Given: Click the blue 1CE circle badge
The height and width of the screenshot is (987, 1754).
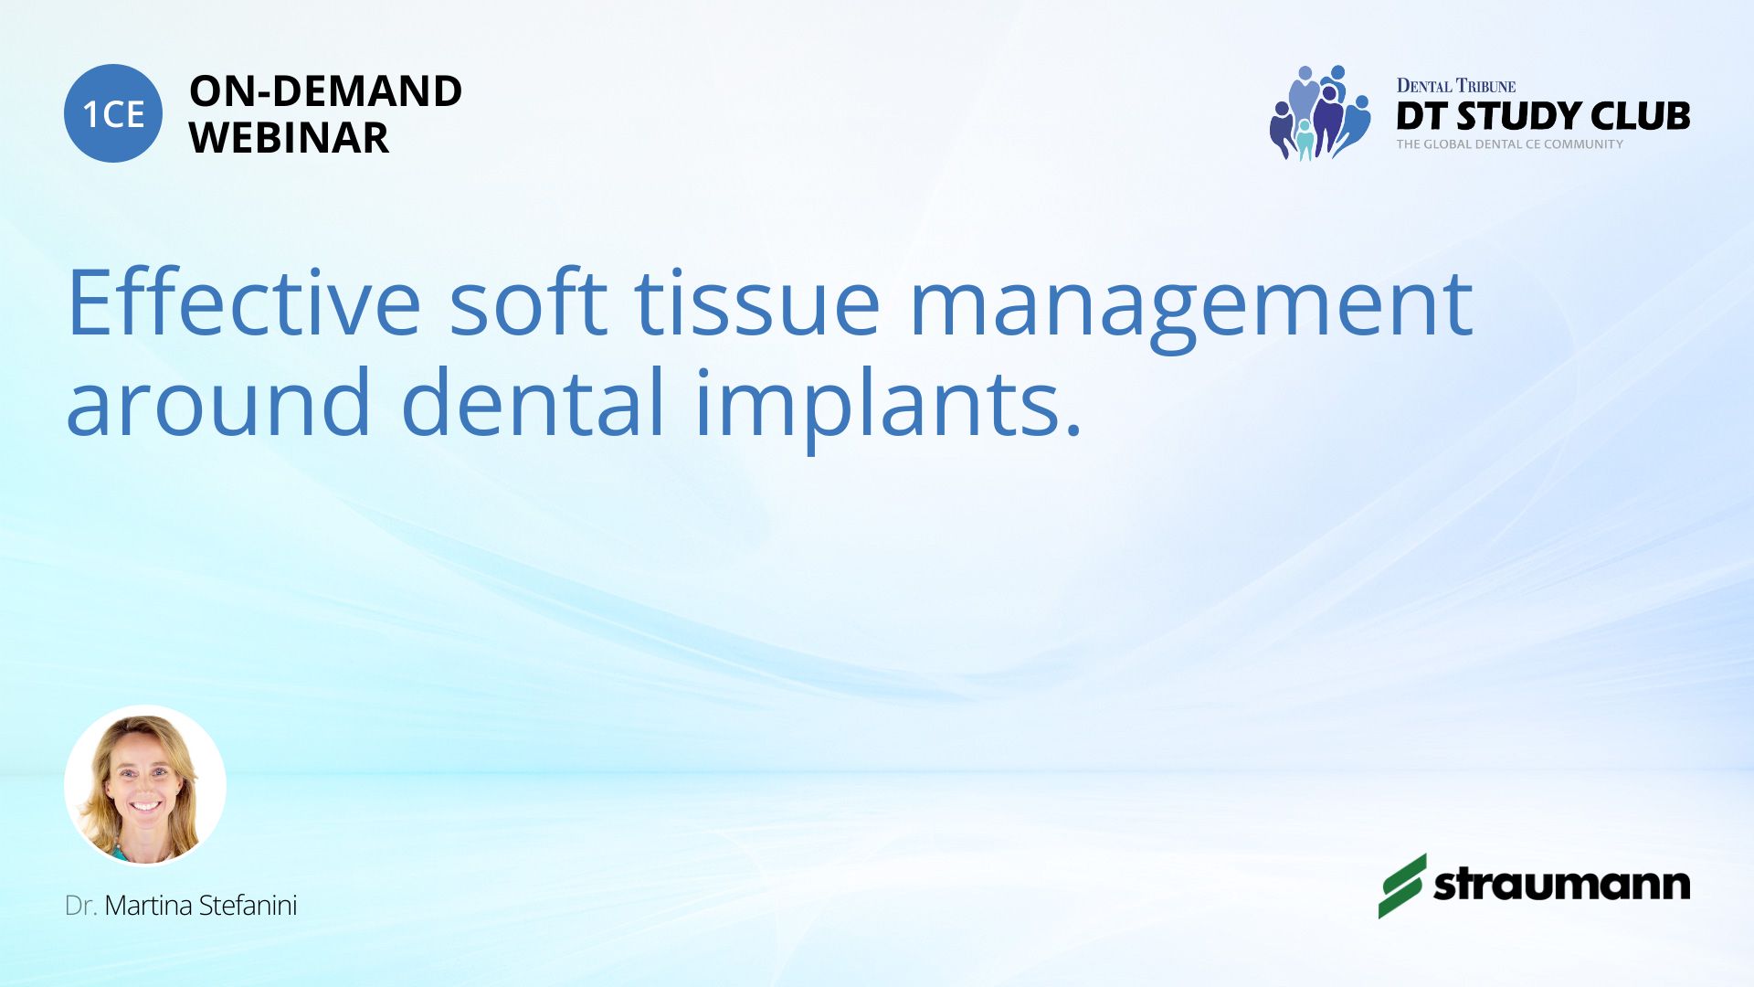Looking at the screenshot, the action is tap(113, 113).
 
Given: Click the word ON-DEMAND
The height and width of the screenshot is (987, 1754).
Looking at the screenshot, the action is tap(325, 91).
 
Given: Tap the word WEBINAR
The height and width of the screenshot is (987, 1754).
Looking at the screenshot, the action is tap(289, 138).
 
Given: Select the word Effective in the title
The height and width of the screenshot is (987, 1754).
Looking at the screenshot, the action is tap(244, 302).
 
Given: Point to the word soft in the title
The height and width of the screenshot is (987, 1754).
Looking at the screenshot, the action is tap(528, 302).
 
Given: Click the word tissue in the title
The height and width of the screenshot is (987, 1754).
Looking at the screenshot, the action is tap(757, 302).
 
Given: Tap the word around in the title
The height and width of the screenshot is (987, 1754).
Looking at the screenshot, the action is tap(218, 402).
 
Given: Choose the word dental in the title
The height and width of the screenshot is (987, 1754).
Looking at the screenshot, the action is tap(534, 402).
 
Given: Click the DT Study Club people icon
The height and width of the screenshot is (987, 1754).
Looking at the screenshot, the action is tap(1320, 112).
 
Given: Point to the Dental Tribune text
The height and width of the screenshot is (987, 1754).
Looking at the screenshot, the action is tap(1456, 86).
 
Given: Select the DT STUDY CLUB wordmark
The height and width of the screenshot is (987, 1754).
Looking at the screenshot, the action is tap(1543, 116).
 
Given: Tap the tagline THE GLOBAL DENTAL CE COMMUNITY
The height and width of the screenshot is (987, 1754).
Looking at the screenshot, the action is tap(1509, 144).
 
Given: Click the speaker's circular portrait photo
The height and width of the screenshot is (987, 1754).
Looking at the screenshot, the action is tap(145, 786).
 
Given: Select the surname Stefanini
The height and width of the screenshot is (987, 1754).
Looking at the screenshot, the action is tap(248, 906).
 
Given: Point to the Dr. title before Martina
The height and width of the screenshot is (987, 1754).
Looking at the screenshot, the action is tap(81, 906).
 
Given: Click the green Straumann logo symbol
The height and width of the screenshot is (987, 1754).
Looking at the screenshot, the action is tap(1402, 886).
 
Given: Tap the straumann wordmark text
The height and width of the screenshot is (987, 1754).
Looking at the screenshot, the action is tap(1562, 885).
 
